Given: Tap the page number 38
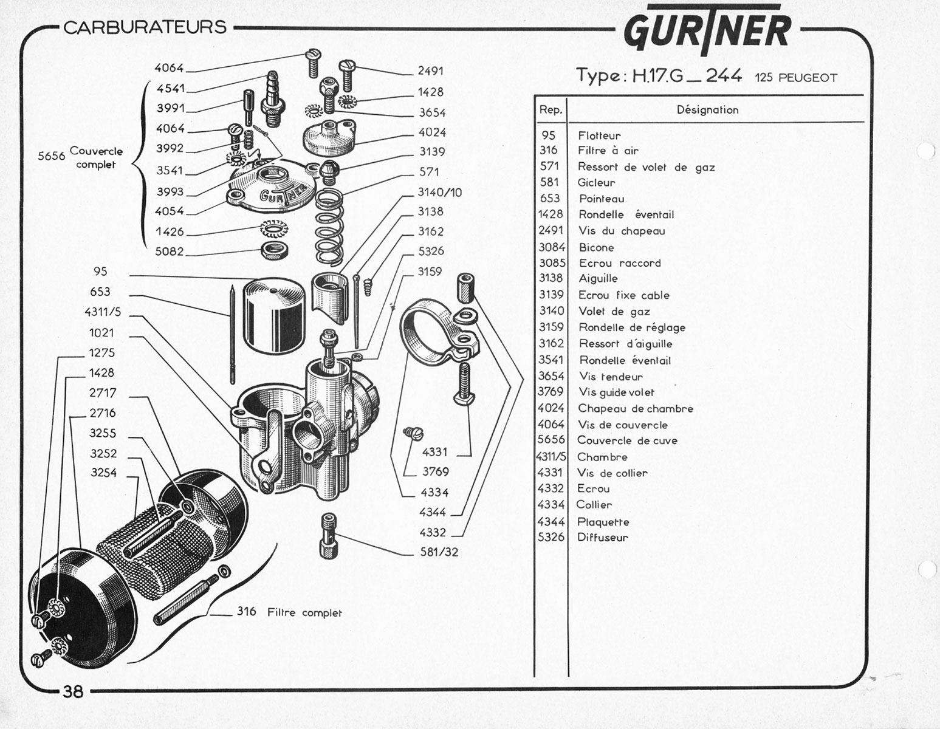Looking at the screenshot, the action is tap(73, 691).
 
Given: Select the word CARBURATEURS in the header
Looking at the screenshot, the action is tap(145, 27).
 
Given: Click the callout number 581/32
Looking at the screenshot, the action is tap(439, 552).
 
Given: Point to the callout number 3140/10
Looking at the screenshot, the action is tap(439, 192).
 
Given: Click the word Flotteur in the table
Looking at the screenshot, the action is tap(599, 135).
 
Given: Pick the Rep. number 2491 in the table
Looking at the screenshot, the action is tap(551, 230).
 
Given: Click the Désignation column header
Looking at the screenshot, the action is tap(707, 110).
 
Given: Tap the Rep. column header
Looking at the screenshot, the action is tap(551, 110).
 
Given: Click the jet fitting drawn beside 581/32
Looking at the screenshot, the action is tap(329, 536).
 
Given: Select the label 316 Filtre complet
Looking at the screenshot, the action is tap(289, 612).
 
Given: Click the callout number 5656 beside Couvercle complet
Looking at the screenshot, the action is tap(51, 156).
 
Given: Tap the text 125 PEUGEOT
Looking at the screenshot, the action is tap(796, 78).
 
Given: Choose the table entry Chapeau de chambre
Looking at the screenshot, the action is tap(636, 409).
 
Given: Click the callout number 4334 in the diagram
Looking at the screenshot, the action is tap(434, 493).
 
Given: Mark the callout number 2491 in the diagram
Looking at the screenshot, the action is tap(431, 70).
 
